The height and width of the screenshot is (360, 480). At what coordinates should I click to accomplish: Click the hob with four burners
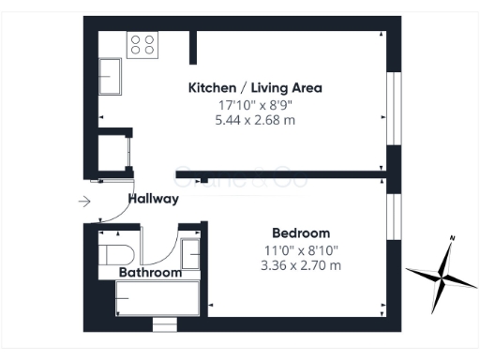click(142, 44)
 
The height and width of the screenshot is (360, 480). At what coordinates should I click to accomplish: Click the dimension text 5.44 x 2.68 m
click(255, 120)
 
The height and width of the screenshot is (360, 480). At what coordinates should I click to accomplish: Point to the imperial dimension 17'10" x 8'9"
click(255, 104)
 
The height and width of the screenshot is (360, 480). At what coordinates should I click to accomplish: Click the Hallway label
click(153, 199)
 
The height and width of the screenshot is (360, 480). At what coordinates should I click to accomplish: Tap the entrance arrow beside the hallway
click(84, 200)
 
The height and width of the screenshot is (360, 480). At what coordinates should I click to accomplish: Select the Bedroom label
click(301, 233)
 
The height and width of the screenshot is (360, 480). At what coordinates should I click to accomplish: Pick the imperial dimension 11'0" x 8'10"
click(302, 249)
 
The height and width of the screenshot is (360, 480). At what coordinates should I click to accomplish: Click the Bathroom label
click(149, 273)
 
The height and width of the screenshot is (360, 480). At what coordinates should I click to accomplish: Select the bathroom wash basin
click(190, 254)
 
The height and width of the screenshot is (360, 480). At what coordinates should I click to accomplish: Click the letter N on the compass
click(453, 238)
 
